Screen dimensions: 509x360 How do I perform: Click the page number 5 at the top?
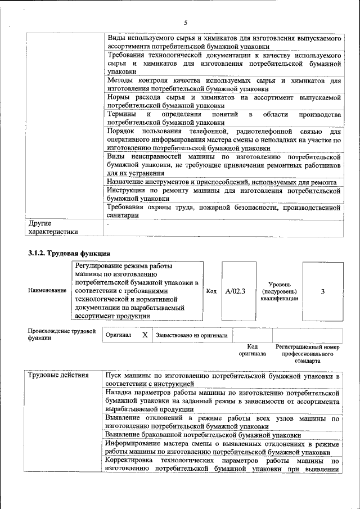click(184, 22)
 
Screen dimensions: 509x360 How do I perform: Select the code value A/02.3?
click(236, 291)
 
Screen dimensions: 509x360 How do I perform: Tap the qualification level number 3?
click(322, 291)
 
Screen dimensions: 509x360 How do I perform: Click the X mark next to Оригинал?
click(145, 335)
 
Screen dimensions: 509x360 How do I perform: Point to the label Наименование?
click(47, 291)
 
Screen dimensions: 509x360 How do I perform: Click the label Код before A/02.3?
click(211, 291)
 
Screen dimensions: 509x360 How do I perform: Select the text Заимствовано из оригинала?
click(192, 335)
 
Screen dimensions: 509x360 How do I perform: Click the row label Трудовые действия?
click(58, 375)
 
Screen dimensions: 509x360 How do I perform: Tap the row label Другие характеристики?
click(53, 227)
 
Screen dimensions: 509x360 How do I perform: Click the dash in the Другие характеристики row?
click(109, 224)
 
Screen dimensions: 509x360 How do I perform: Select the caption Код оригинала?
click(252, 350)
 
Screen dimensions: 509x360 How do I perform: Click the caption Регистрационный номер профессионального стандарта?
click(307, 354)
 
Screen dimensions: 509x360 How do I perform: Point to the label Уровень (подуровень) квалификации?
click(279, 291)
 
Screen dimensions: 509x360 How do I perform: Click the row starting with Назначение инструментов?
click(222, 182)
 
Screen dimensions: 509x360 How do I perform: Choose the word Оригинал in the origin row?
click(119, 335)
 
